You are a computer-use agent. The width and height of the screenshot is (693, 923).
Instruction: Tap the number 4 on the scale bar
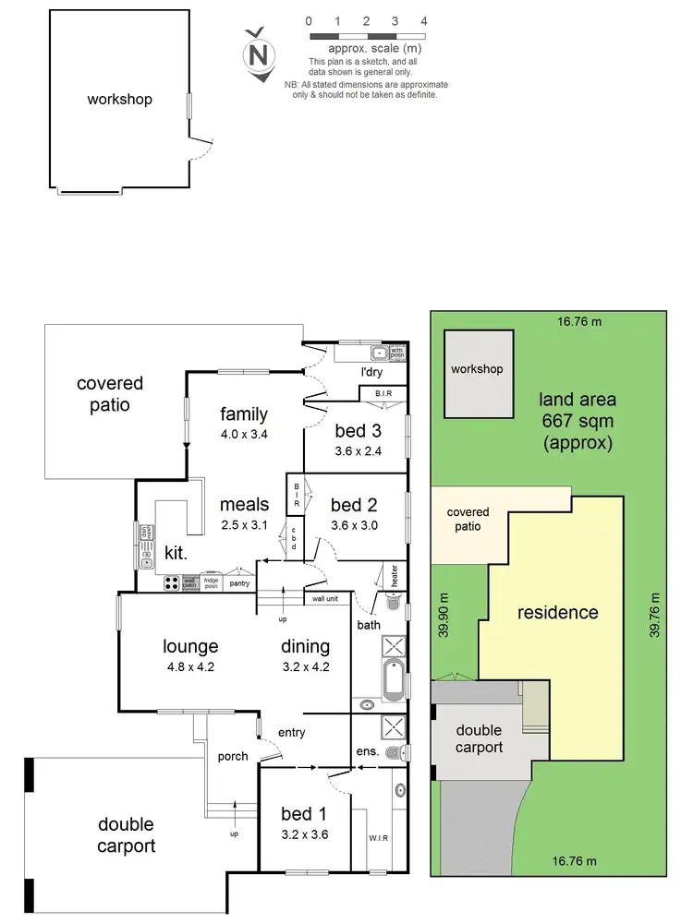423,20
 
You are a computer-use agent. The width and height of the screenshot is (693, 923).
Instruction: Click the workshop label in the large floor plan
119,99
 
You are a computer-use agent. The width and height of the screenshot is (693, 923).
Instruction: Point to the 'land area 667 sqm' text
579,421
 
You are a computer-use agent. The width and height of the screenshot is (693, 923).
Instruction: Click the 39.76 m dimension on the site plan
654,615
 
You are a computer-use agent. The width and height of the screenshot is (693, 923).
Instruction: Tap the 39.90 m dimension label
444,616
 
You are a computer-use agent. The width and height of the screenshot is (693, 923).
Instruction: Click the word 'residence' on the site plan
557,612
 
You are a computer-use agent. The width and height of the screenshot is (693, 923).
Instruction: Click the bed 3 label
357,431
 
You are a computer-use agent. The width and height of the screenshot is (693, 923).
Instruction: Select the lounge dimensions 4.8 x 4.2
190,666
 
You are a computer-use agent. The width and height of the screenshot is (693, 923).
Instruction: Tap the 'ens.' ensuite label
367,751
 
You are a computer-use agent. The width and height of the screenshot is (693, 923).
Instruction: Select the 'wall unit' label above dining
324,599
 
